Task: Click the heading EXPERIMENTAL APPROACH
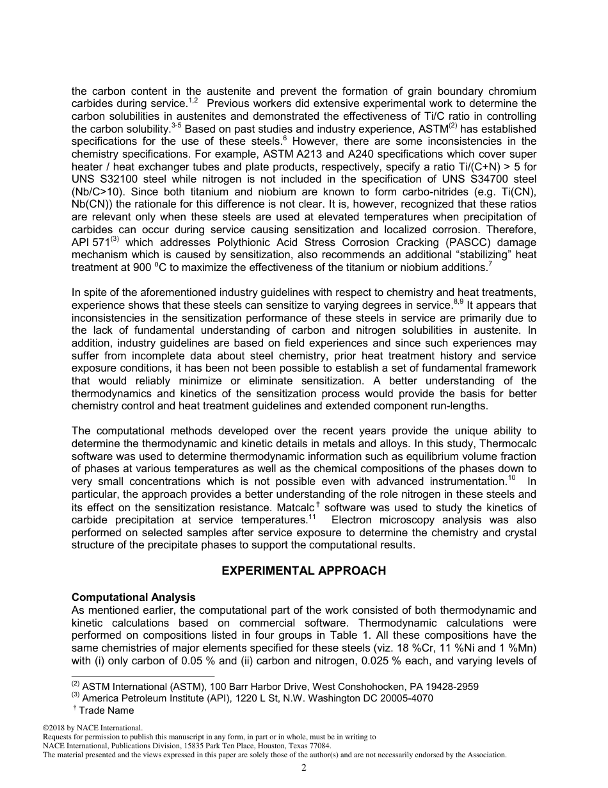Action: coord(303,570)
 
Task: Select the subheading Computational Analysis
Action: coord(134,597)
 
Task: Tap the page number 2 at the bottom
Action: coord(304,768)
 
